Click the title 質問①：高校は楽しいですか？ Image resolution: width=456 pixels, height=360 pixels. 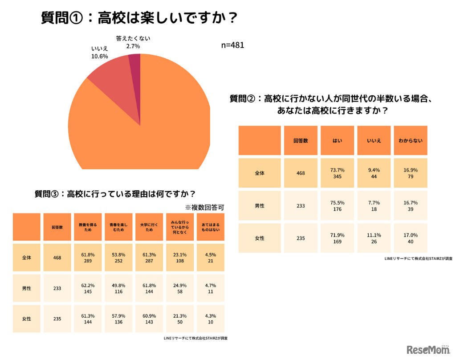point(138,18)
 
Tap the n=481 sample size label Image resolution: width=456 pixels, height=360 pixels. point(232,45)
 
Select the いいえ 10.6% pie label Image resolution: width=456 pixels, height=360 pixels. point(100,52)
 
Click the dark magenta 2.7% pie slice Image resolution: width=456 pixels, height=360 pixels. point(135,61)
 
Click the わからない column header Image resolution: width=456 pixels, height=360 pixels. point(410,140)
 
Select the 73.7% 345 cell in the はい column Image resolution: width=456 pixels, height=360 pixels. point(338,173)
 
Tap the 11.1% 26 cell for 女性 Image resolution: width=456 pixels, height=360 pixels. point(374,238)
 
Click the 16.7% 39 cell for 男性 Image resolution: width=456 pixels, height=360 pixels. point(410,205)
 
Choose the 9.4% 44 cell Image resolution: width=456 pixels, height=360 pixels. point(374,173)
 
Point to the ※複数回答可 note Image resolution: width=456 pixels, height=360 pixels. point(204,207)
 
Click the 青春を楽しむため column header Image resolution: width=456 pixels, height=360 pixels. point(118,227)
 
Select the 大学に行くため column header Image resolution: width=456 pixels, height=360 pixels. point(149,227)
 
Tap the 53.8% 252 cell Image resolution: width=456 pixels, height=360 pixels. point(118,258)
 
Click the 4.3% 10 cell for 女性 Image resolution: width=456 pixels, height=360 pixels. point(210,319)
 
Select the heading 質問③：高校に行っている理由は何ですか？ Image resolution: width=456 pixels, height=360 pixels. point(115,194)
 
